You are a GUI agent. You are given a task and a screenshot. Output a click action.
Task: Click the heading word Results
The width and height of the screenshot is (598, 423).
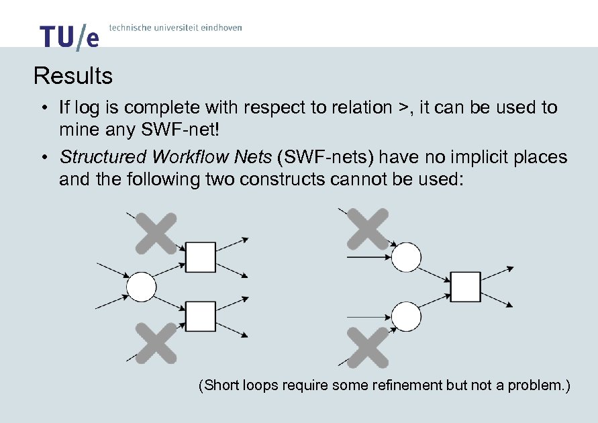[73, 76]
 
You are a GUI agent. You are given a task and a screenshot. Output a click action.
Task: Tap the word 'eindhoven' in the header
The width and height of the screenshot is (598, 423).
[218, 28]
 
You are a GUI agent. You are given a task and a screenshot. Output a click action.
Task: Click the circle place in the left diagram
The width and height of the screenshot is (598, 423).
[142, 287]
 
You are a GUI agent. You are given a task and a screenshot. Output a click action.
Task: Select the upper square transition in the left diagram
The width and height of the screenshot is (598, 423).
[200, 257]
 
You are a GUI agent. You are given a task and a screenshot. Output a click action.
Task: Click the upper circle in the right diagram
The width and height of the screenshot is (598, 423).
[406, 256]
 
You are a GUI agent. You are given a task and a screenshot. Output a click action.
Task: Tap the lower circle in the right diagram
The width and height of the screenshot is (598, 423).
[406, 316]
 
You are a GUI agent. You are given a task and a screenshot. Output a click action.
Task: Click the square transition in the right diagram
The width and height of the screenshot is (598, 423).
[465, 287]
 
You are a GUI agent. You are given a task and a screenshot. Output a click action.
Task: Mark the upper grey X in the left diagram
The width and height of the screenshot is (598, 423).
[156, 233]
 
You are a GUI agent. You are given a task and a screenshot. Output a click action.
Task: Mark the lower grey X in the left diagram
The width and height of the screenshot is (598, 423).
[156, 343]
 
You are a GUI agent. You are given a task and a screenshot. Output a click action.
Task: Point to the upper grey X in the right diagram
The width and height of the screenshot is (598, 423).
[368, 229]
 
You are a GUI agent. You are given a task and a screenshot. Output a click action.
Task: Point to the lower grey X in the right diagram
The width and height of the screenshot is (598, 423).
[368, 347]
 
